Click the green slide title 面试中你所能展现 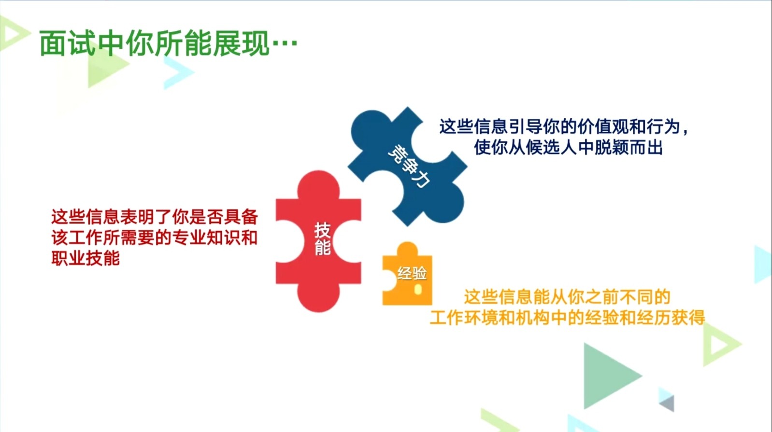pyautogui.click(x=155, y=43)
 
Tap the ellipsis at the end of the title pyautogui.click(x=285, y=43)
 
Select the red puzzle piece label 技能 pyautogui.click(x=323, y=239)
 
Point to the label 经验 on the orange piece pyautogui.click(x=412, y=273)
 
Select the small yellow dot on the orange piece pyautogui.click(x=418, y=290)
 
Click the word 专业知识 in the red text pyautogui.click(x=206, y=237)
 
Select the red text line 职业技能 pyautogui.click(x=86, y=258)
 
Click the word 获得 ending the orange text pyautogui.click(x=688, y=318)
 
